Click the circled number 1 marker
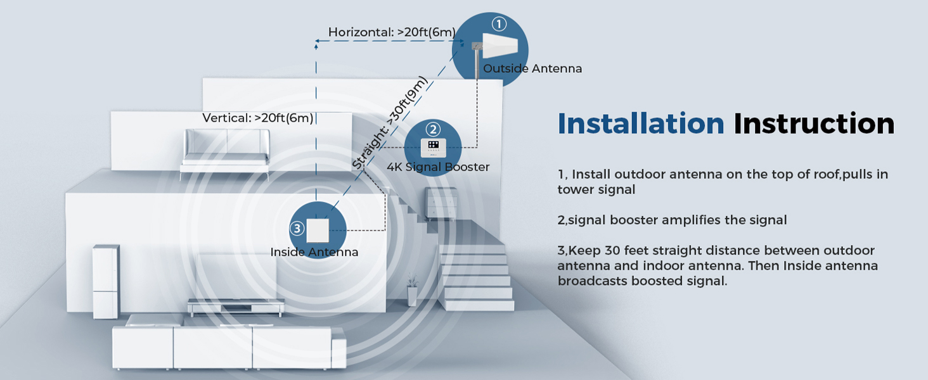coord(499,24)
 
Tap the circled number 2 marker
coord(433,130)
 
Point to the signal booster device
coord(434,148)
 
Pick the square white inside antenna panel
coord(317,230)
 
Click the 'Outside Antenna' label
coord(532,68)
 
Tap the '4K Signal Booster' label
coord(439,167)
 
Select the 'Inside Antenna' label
coord(314,252)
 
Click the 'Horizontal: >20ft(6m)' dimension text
coord(392,32)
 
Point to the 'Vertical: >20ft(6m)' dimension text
coord(258,118)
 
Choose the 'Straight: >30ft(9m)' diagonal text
coord(389,123)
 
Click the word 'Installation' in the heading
coord(641,123)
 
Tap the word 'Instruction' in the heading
coord(814,123)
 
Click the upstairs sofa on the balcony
coord(226,151)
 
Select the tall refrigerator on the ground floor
coord(105,281)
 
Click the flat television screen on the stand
coord(235,277)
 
